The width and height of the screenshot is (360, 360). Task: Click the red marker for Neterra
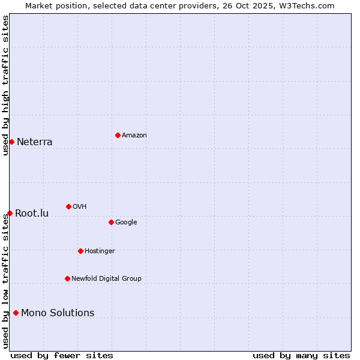tap(11, 142)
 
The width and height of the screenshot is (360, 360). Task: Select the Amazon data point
tap(118, 135)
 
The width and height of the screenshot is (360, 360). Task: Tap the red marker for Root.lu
tap(10, 213)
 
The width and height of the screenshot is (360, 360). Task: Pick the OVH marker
tap(68, 206)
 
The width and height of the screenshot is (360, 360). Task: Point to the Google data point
tap(111, 222)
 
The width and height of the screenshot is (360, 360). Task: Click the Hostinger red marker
tap(80, 251)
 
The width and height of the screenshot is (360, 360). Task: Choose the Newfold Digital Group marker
tap(67, 278)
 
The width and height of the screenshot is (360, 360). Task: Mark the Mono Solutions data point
tap(16, 313)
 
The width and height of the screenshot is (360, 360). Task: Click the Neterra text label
tap(34, 142)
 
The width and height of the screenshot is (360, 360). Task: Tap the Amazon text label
tap(134, 136)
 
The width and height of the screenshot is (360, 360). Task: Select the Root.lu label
tap(32, 214)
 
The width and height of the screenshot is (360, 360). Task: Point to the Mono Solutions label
tap(58, 313)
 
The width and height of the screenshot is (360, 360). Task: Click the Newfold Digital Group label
tap(106, 278)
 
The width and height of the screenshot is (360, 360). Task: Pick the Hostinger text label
tap(100, 251)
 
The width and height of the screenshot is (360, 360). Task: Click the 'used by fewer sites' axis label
tap(62, 355)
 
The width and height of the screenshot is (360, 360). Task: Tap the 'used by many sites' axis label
tap(301, 355)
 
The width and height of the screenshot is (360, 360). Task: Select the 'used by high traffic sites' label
tap(5, 85)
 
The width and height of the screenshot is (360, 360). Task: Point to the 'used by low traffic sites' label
tap(5, 281)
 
